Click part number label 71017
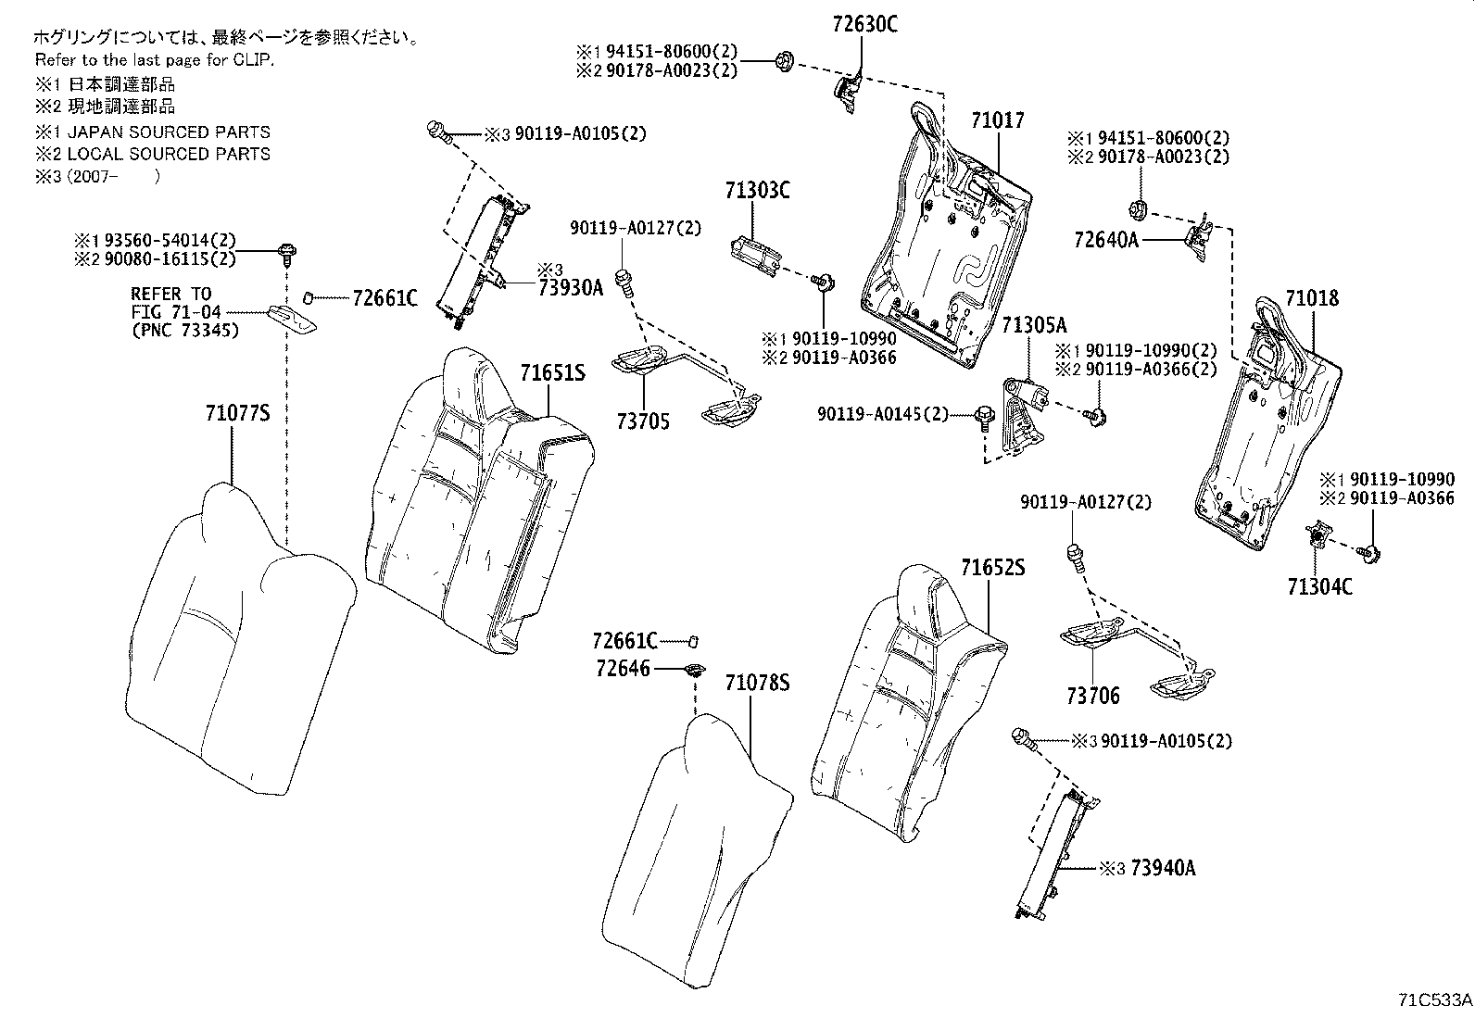tap(998, 120)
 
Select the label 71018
tap(1312, 298)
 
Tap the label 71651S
tap(552, 373)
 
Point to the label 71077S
tap(237, 414)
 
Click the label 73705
tap(642, 422)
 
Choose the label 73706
tap(1092, 696)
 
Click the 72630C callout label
tap(864, 25)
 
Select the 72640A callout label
tap(1105, 240)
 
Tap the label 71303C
tap(757, 191)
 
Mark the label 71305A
tap(1034, 325)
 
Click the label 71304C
tap(1319, 586)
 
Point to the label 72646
tap(623, 669)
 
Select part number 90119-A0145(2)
tap(883, 414)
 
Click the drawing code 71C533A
tap(1434, 1000)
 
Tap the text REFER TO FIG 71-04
tap(176, 303)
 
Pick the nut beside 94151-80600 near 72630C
tap(783, 62)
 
